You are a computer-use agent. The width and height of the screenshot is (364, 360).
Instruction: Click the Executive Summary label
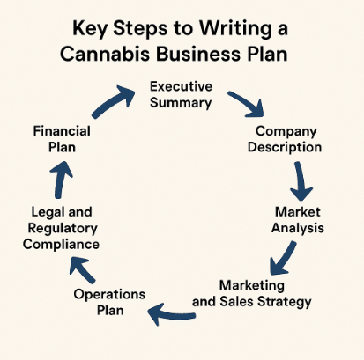181,94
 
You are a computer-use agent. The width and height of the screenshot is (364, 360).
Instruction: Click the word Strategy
284,302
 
